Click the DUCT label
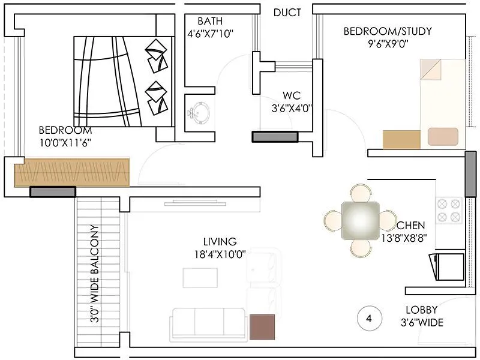pos(287,13)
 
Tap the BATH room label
pos(210,21)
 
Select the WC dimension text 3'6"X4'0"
pos(291,108)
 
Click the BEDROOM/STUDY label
pos(387,31)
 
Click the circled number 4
pos(368,319)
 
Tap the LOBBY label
pos(424,311)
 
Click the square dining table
pos(360,220)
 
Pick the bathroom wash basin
pos(199,112)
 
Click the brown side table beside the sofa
pos(262,327)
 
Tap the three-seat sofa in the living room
pos(208,322)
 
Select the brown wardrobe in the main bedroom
pos(72,172)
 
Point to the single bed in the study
pos(442,103)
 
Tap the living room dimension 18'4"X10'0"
pos(219,254)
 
